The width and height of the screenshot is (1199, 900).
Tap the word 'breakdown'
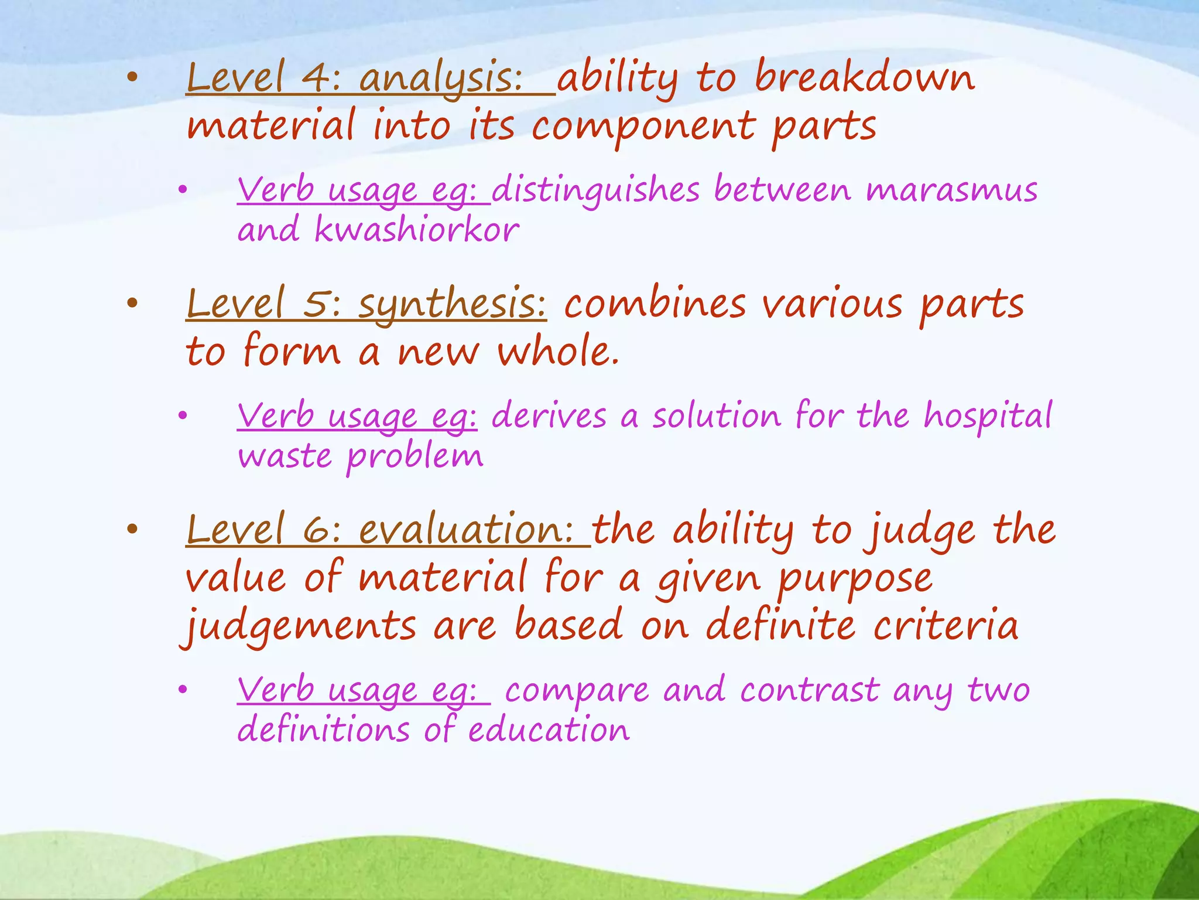point(865,77)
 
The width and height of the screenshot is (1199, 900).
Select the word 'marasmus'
point(951,191)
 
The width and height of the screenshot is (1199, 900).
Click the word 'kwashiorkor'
point(416,230)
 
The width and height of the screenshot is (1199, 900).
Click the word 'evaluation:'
point(466,531)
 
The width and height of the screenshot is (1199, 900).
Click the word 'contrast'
point(809,690)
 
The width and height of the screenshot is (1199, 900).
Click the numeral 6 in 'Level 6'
point(317,531)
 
